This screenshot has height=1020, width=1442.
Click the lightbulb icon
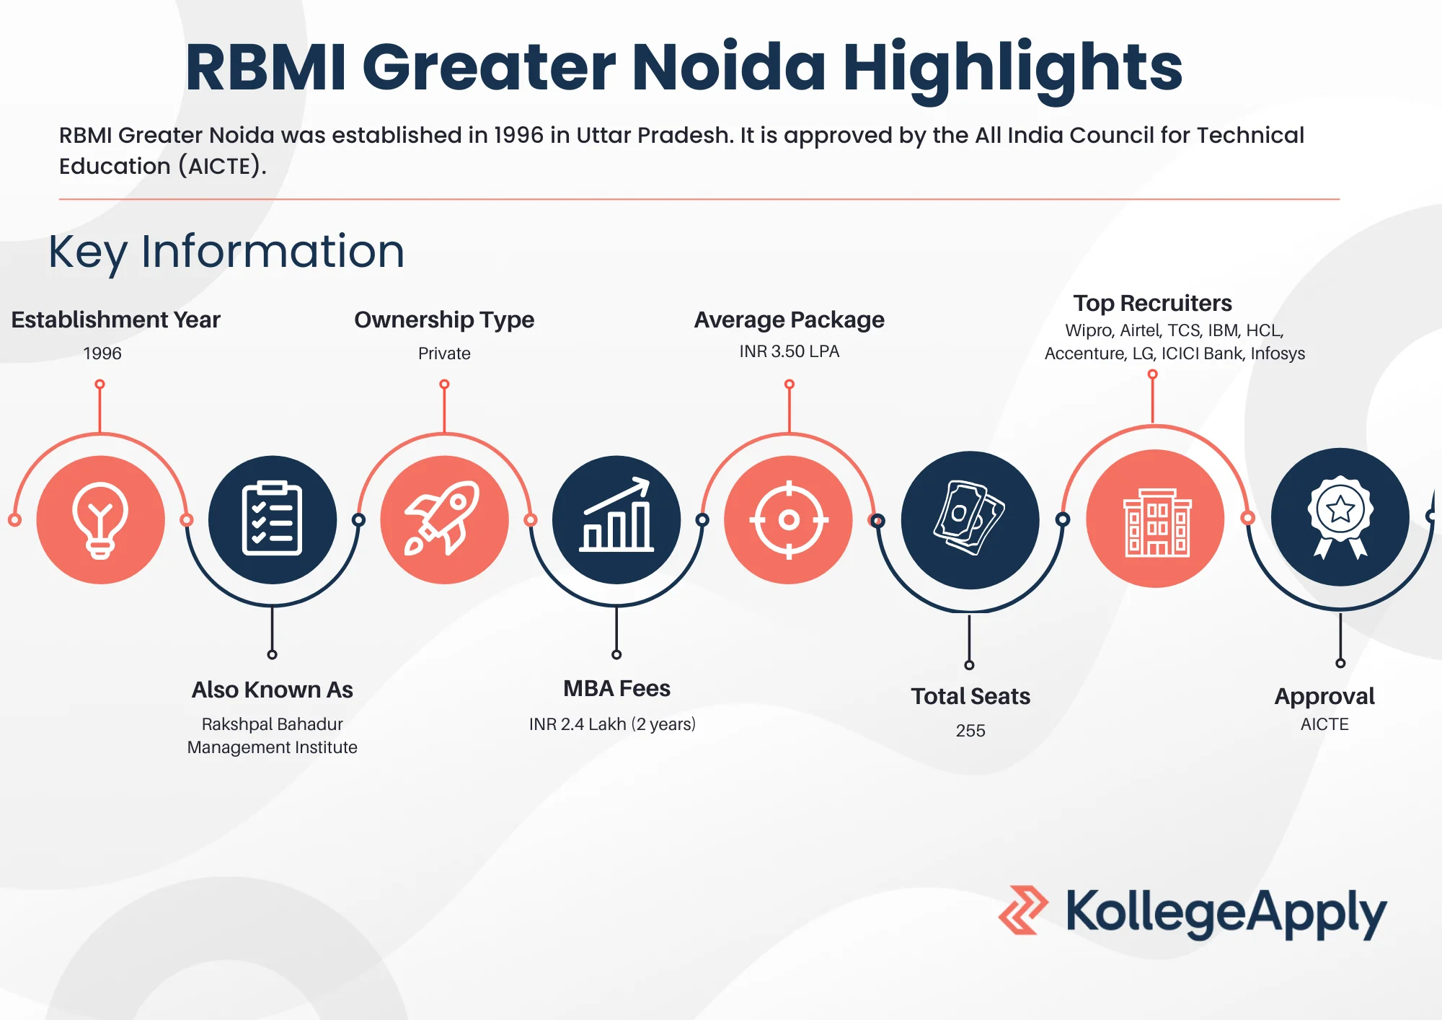[100, 520]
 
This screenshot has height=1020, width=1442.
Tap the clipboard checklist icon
[272, 519]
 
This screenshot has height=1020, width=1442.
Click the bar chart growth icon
[616, 515]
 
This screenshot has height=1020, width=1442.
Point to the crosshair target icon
[789, 519]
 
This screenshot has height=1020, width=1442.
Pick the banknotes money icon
[970, 518]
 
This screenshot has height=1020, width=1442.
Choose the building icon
[1156, 522]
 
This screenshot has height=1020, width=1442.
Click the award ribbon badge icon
[1340, 517]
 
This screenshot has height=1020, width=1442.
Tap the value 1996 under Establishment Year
[102, 353]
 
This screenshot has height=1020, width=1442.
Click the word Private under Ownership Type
[444, 353]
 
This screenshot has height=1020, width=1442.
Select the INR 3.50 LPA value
[789, 351]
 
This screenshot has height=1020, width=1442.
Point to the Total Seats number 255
[970, 731]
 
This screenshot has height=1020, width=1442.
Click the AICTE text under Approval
[1324, 724]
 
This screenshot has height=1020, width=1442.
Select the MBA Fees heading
[616, 688]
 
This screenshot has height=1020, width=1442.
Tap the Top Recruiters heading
[1152, 303]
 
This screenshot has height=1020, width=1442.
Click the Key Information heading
[226, 252]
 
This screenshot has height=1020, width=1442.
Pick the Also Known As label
[272, 690]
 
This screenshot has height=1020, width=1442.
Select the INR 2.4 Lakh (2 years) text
[612, 724]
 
